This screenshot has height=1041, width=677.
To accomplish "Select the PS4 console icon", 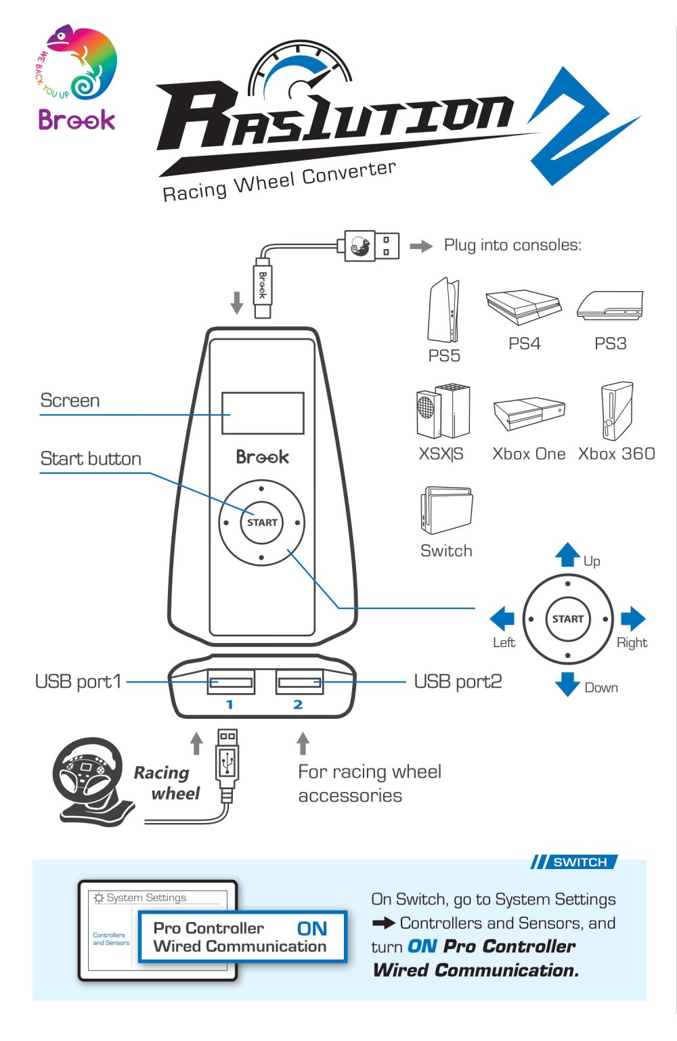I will [x=523, y=308].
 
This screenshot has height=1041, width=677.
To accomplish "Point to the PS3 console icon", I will [x=610, y=306].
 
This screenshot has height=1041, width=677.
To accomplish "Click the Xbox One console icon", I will [x=529, y=414].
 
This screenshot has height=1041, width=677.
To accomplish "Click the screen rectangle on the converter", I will [x=263, y=413].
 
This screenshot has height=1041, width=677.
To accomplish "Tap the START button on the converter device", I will [x=262, y=523].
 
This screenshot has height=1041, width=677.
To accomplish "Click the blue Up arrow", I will [x=567, y=554].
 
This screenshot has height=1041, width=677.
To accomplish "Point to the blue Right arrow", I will [x=633, y=619].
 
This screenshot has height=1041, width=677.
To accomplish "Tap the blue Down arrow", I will [x=567, y=684].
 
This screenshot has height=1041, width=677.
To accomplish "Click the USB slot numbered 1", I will [x=231, y=682].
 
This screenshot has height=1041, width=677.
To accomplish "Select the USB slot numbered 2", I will [x=299, y=682].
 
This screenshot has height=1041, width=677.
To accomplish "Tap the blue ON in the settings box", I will [x=312, y=929].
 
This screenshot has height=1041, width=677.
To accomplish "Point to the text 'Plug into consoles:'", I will [x=512, y=245].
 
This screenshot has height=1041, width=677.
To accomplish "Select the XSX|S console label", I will [x=441, y=453].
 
